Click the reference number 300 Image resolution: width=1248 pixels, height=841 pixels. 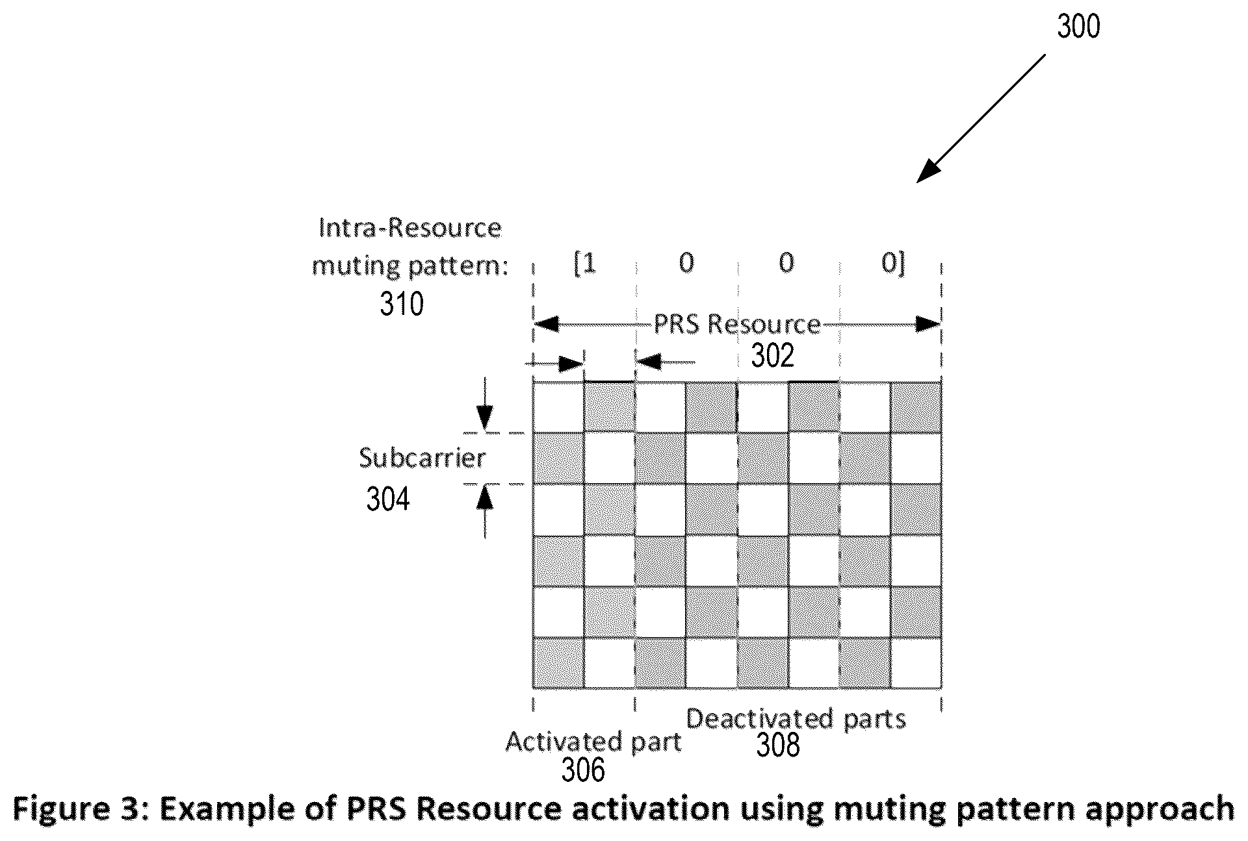1078,27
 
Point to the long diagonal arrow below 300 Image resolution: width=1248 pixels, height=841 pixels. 981,119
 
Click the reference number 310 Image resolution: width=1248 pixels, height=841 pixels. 402,304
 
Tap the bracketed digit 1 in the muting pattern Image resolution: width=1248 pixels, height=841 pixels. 586,264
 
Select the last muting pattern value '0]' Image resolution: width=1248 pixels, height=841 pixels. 893,264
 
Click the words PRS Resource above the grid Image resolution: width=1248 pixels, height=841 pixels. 737,324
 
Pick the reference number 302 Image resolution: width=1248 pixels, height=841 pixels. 773,356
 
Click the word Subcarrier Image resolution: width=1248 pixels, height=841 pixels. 422,458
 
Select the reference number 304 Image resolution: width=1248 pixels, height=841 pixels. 388,499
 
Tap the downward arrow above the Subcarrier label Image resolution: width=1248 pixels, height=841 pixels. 485,406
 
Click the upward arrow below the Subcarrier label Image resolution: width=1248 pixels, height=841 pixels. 485,512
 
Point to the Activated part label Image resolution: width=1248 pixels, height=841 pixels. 593,742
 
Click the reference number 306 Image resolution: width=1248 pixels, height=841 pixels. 583,770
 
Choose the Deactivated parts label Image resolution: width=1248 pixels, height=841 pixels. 796,720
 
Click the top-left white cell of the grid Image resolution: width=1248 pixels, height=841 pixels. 558,407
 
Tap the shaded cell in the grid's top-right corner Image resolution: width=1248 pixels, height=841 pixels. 916,407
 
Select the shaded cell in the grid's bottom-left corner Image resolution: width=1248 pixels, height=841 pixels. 558,662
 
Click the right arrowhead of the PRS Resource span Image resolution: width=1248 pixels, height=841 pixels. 928,323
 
